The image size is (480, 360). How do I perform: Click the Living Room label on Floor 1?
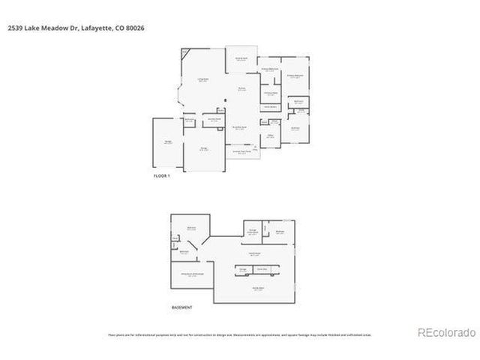(x=202, y=80)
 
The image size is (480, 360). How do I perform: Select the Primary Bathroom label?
(x=270, y=69)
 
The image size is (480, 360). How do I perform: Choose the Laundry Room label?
(x=214, y=119)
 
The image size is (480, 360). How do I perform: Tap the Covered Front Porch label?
(x=240, y=152)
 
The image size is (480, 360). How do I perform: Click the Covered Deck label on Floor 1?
(x=241, y=58)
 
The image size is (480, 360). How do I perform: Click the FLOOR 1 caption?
(x=162, y=175)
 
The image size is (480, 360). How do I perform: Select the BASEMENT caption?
(x=182, y=307)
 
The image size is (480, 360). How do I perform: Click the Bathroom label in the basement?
(x=184, y=252)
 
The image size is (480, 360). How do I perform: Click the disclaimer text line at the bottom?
(x=239, y=335)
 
